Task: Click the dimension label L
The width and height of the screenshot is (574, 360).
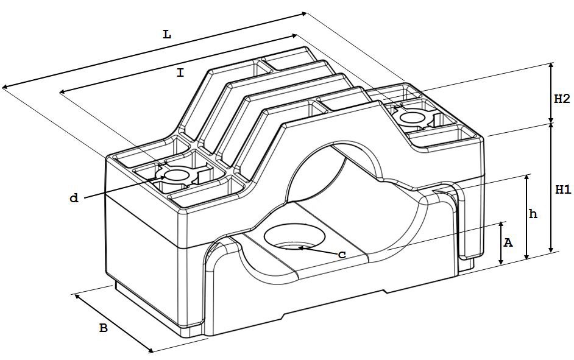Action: pyautogui.click(x=167, y=35)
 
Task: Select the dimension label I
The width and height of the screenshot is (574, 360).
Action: pyautogui.click(x=180, y=73)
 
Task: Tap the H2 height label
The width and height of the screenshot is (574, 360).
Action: pyautogui.click(x=562, y=99)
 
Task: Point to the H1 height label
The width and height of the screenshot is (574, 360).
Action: pyautogui.click(x=562, y=189)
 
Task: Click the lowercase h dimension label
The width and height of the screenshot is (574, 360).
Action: pyautogui.click(x=533, y=214)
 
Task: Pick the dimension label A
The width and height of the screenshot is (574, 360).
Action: pyautogui.click(x=508, y=242)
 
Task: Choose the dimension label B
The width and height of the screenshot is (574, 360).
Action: pyautogui.click(x=104, y=328)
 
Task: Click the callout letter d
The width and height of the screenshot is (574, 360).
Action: pyautogui.click(x=74, y=198)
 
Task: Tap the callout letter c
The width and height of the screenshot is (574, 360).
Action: pyautogui.click(x=342, y=255)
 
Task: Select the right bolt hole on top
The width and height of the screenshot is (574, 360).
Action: pyautogui.click(x=413, y=118)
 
